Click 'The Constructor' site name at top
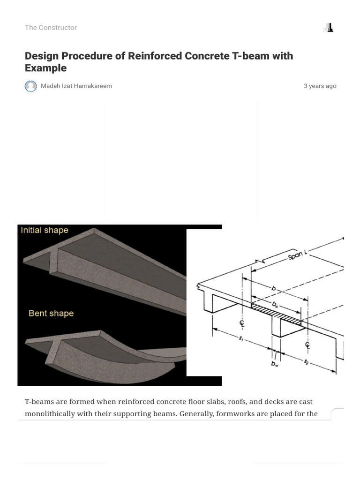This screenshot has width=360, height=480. tap(51, 28)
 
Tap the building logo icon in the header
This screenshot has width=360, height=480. tap(328, 28)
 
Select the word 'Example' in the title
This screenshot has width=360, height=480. tap(45, 68)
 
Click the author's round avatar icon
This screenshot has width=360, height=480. tap(30, 86)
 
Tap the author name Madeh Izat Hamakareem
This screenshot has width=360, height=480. tap(76, 86)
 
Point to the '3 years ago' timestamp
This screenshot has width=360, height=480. tap(320, 86)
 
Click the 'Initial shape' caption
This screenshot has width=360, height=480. tap(45, 230)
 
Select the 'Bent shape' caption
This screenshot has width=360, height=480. tap(51, 313)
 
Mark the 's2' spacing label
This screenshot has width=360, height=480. tap(306, 361)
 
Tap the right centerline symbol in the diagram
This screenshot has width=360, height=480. tap(308, 346)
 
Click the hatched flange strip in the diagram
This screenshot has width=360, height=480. tap(277, 314)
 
